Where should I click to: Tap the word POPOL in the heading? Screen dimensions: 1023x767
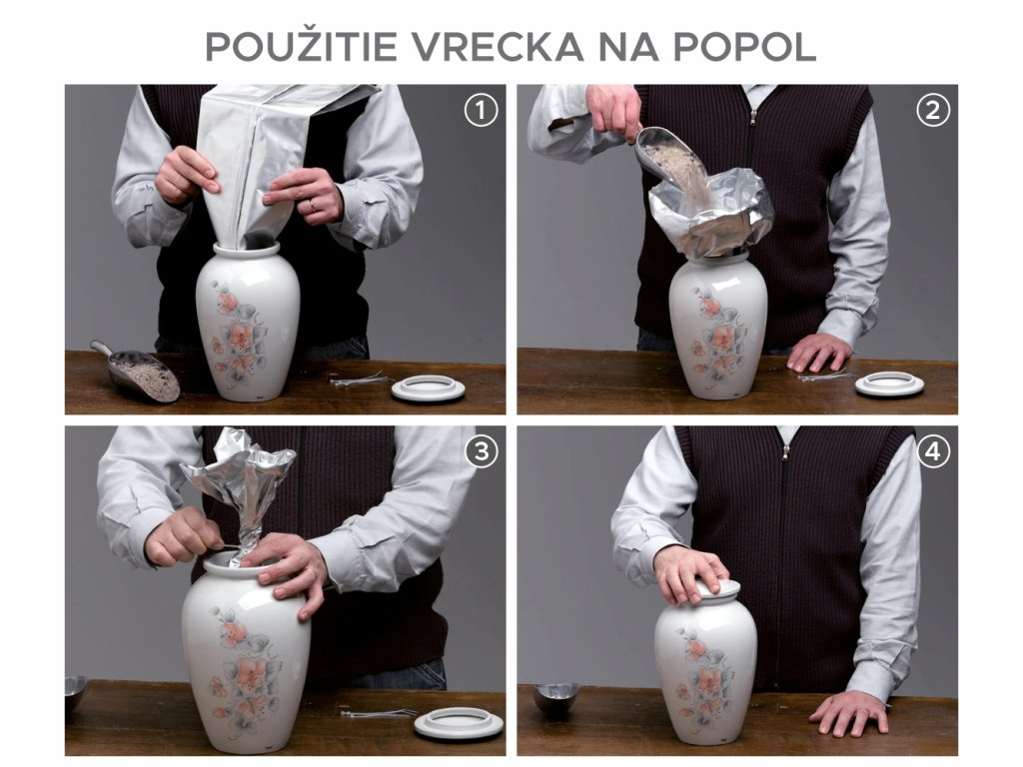[x=744, y=46]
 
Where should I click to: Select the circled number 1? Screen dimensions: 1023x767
[x=481, y=111]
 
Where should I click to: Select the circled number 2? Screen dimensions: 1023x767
[x=933, y=111]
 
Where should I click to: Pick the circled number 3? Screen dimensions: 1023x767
[x=481, y=452]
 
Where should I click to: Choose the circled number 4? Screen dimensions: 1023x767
[x=933, y=452]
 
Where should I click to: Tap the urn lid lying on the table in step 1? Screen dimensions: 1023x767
[x=429, y=389]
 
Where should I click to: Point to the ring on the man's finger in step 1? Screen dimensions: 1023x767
[x=312, y=206]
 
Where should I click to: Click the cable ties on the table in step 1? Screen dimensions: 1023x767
[x=360, y=380]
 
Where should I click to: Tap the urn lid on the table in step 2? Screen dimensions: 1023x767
[x=889, y=383]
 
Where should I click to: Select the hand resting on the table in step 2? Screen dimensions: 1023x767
[x=818, y=353]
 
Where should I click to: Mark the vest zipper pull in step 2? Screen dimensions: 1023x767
[x=753, y=118]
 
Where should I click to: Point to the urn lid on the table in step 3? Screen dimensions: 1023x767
[x=450, y=724]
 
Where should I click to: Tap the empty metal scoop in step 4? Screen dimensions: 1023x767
[x=555, y=696]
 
